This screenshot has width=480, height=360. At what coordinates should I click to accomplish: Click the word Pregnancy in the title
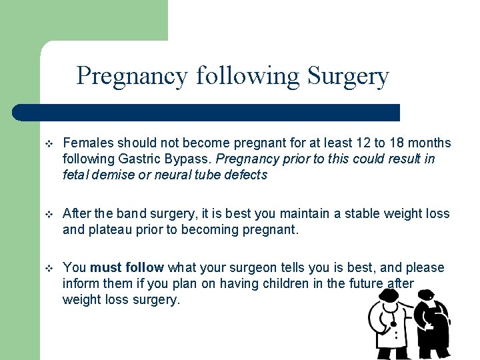click(132, 76)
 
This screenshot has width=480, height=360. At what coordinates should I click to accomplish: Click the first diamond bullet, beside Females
click(47, 143)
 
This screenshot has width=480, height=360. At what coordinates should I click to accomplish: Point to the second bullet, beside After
click(47, 214)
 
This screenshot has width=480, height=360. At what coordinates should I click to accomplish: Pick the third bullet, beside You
click(47, 268)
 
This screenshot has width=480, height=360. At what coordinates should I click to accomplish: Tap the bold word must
click(105, 268)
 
